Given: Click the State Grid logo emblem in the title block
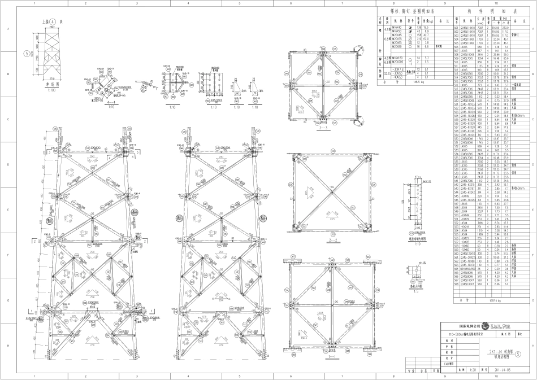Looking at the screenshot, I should (x=486, y=326).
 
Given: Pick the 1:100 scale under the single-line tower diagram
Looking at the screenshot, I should (x=53, y=90).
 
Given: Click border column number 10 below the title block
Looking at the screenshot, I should (x=496, y=376).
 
